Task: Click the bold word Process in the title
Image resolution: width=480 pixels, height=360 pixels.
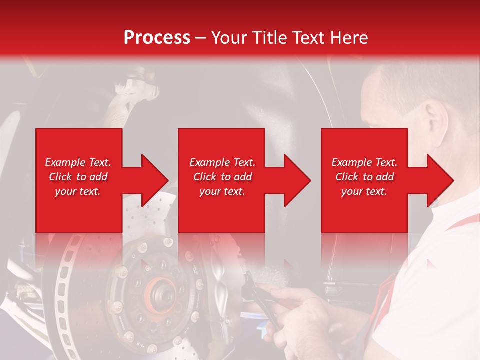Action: [x=157, y=38]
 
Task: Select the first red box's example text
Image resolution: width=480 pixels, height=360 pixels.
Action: [x=78, y=177]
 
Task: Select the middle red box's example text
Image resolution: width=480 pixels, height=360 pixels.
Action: [x=222, y=177]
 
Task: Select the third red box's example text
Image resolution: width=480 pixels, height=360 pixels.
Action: [x=364, y=177]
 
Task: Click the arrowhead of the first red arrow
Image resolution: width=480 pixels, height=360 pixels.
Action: [x=155, y=180]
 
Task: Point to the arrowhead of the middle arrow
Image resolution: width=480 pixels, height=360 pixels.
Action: [x=297, y=180]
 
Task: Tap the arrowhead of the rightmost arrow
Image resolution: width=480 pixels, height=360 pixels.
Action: [x=440, y=180]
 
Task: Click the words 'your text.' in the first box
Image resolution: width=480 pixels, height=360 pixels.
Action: [x=78, y=191]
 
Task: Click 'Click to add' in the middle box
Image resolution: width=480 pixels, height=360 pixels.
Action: [x=222, y=177]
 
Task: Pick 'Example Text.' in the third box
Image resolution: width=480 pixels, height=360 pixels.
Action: [x=364, y=162]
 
